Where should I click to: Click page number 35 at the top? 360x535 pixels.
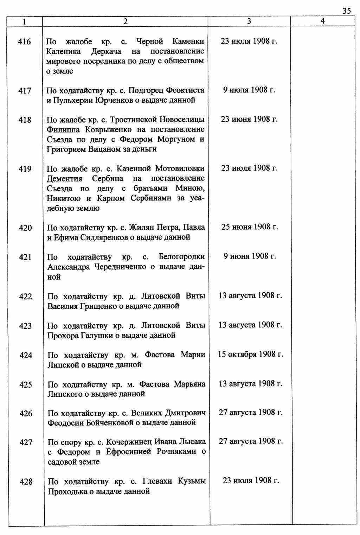tap(346, 11)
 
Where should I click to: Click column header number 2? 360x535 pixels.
tap(125, 21)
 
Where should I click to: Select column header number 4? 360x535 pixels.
tap(322, 21)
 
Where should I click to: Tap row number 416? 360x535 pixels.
tap(25, 42)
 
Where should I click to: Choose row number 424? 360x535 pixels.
tap(26, 355)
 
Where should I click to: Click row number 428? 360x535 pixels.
tap(26, 482)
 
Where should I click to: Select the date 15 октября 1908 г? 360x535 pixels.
tap(250, 354)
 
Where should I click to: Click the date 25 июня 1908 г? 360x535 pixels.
tap(250, 227)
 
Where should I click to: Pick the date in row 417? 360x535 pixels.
tap(249, 90)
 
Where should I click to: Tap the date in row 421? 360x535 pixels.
tap(250, 256)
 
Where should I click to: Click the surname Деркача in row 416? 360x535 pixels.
tap(106, 52)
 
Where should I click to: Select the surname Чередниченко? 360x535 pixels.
tap(120, 267)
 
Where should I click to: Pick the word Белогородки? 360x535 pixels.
tap(182, 256)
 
